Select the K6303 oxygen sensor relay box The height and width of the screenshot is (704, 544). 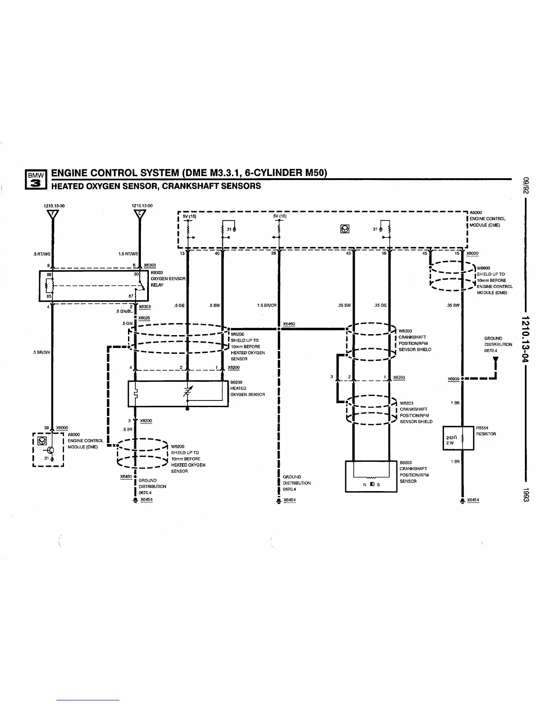click(x=93, y=286)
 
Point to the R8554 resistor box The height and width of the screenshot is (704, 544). click(x=458, y=438)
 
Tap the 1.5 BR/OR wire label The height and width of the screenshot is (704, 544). click(x=267, y=305)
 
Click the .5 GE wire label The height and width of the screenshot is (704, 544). click(x=179, y=305)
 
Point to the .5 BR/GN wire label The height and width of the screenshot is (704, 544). click(x=42, y=352)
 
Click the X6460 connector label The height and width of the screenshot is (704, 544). click(x=289, y=324)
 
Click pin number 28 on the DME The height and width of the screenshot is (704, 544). click(x=274, y=253)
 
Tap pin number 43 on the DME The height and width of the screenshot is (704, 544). click(x=348, y=253)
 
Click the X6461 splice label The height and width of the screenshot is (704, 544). click(x=126, y=476)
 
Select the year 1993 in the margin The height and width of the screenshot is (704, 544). click(x=526, y=495)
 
